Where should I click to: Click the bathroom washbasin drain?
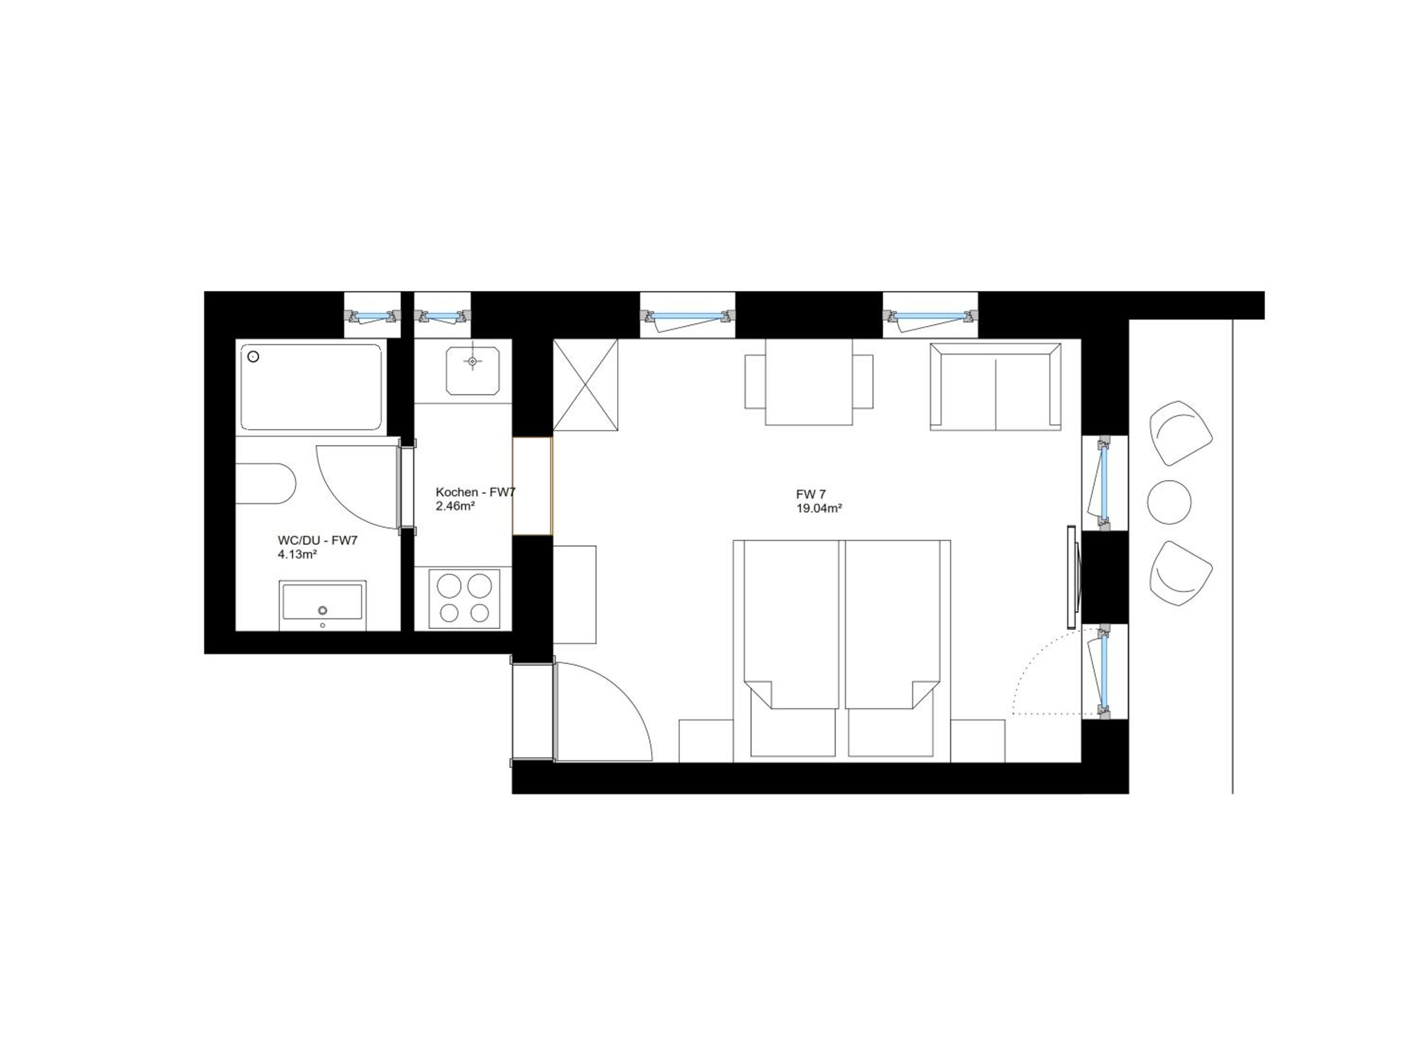tap(323, 610)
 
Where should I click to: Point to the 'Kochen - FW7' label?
tap(475, 492)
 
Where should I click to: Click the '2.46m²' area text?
tap(455, 506)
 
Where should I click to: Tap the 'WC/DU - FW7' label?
tap(318, 540)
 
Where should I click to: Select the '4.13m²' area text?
tap(297, 554)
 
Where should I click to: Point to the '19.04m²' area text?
tap(819, 508)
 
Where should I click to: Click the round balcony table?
tap(1169, 502)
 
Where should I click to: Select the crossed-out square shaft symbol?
tap(585, 384)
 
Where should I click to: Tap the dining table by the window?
tap(809, 382)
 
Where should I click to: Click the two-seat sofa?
tap(995, 387)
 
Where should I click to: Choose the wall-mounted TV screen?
tap(1071, 576)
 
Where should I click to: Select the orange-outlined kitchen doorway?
tap(532, 486)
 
